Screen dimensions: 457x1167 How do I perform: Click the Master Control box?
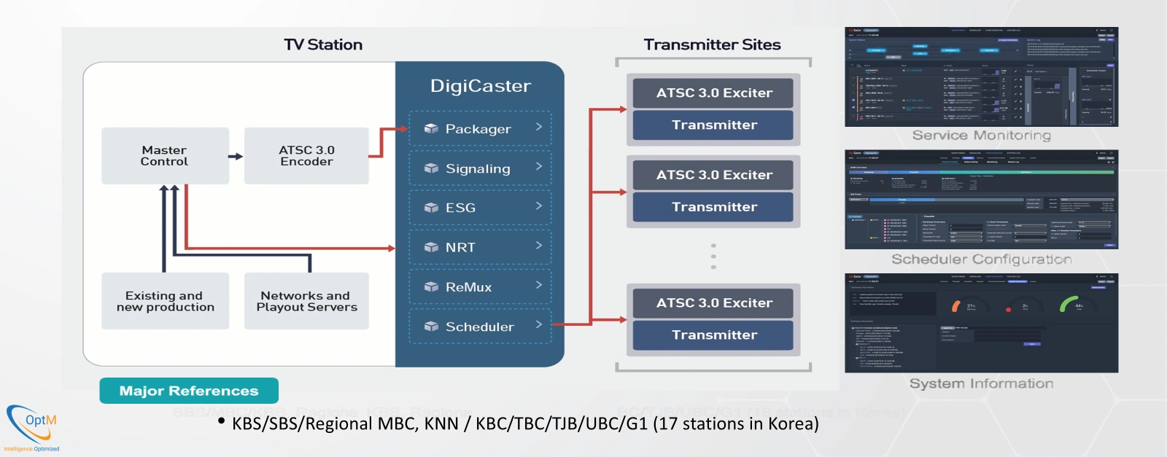[x=165, y=155]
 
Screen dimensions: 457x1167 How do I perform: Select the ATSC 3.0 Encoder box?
[x=306, y=155]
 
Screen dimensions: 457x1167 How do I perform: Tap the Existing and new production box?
[x=165, y=301]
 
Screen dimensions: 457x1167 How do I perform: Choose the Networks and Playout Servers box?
[x=306, y=301]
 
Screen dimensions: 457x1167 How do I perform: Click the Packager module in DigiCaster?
[x=480, y=129]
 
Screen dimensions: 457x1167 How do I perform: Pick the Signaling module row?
[x=480, y=168]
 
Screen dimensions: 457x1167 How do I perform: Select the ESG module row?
[x=480, y=208]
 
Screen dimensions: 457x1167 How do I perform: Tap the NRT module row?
[x=480, y=248]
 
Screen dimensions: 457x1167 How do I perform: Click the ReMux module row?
[x=480, y=287]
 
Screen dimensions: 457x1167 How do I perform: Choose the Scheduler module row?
[x=480, y=327]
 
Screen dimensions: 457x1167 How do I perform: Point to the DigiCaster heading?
[x=480, y=86]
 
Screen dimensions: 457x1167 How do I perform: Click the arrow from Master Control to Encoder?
[x=236, y=156]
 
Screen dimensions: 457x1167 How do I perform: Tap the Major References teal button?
[x=189, y=391]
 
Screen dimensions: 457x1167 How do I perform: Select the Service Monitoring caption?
[x=981, y=136]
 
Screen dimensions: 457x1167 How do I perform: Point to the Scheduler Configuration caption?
[x=981, y=259]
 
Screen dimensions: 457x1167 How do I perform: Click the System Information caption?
[x=981, y=383]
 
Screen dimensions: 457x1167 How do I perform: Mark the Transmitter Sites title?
[x=712, y=44]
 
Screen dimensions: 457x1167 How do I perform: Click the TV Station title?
[x=323, y=44]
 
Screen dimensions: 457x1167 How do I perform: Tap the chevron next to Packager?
[x=539, y=127]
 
